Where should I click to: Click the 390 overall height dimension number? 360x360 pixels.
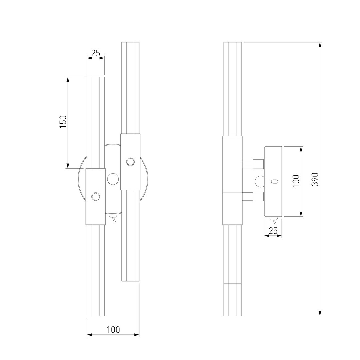(x=315, y=179)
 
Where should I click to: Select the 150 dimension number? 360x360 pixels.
(x=63, y=122)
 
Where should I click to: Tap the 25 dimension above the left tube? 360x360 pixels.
(x=96, y=53)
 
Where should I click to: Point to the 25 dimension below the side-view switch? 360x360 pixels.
(x=273, y=231)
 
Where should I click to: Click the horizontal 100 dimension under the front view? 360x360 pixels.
(x=113, y=330)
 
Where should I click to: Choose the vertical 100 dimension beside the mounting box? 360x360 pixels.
(x=296, y=181)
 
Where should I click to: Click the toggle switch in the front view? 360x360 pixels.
(x=113, y=218)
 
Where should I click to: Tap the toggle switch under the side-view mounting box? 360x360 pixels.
(x=273, y=221)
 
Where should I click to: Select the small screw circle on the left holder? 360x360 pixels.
(x=96, y=197)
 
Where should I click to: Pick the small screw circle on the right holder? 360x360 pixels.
(x=130, y=162)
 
